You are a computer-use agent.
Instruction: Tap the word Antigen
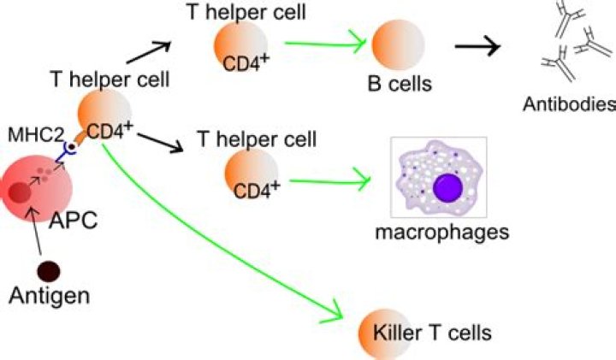49,296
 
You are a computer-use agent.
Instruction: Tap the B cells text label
396,85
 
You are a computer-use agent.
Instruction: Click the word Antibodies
570,105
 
